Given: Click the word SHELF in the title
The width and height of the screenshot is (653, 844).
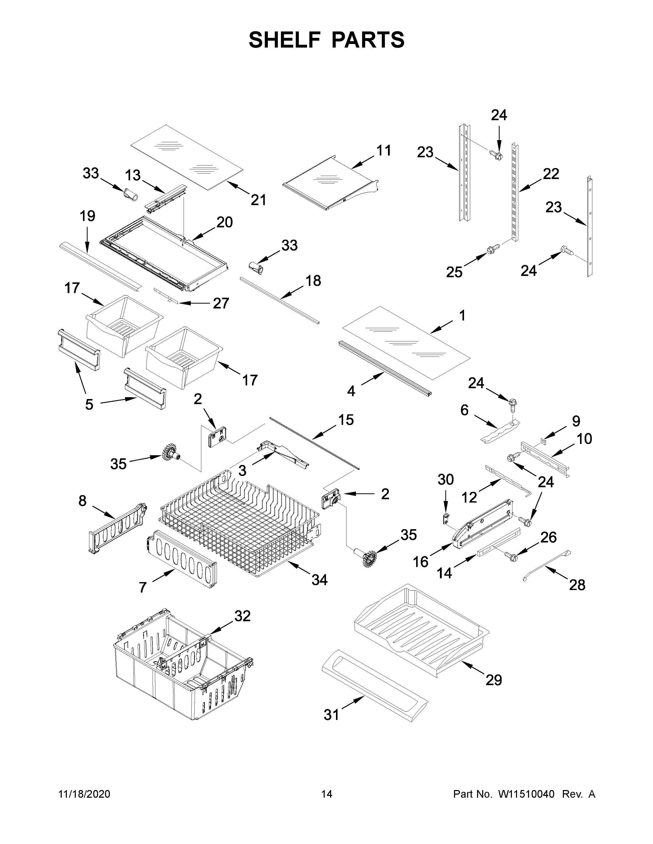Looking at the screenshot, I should click(285, 40).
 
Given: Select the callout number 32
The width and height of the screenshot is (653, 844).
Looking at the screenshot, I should click(242, 616).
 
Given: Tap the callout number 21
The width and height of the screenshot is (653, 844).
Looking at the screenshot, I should click(258, 200).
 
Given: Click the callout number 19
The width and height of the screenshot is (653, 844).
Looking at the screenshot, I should click(87, 216).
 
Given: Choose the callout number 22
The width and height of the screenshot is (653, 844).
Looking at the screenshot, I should click(551, 174).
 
